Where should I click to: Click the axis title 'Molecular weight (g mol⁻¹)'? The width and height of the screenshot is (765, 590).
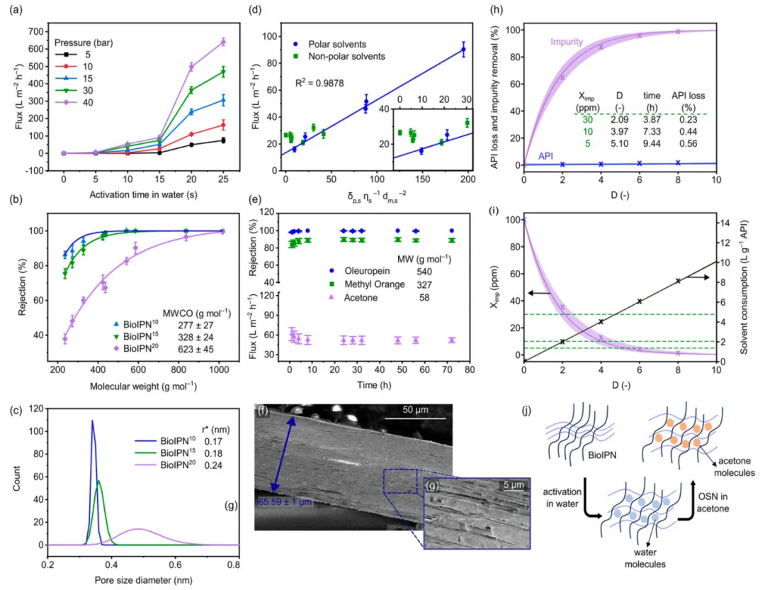point(142,387)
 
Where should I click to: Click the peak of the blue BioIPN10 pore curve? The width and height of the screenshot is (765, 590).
point(92,421)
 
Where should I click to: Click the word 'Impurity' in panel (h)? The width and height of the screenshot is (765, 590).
point(565,42)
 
